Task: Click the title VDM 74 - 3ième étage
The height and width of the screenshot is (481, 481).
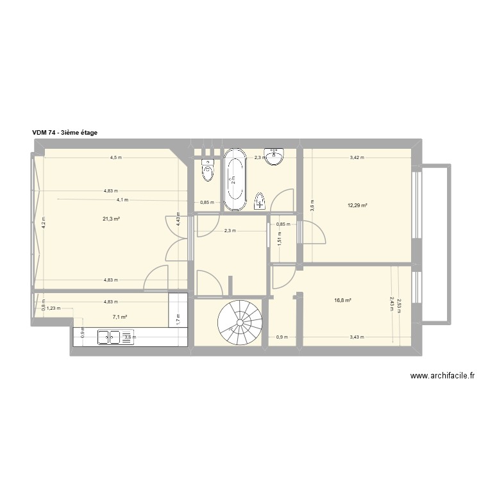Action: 65,133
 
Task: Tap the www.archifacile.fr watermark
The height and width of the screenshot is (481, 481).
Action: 442,376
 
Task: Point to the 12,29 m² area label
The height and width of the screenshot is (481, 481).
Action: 357,206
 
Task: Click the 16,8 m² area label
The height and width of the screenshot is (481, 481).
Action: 342,300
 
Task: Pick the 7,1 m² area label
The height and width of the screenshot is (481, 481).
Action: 120,317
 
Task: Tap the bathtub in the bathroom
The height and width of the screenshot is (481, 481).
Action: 235,180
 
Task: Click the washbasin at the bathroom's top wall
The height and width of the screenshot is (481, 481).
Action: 276,156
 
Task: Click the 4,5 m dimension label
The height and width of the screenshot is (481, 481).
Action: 115,158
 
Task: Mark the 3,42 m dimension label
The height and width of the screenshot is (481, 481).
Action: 357,158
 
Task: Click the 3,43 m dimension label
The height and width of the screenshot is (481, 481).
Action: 357,337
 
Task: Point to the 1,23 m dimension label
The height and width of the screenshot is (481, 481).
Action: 54,308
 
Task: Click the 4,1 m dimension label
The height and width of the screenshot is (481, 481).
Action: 122,199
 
